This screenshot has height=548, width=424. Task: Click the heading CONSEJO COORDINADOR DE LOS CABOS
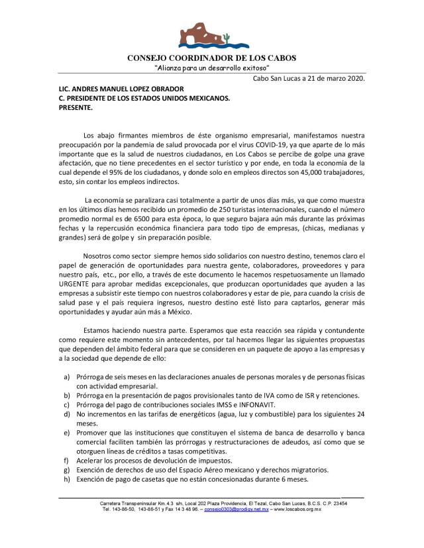(x=212, y=57)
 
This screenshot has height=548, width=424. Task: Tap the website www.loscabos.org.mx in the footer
(x=297, y=510)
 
